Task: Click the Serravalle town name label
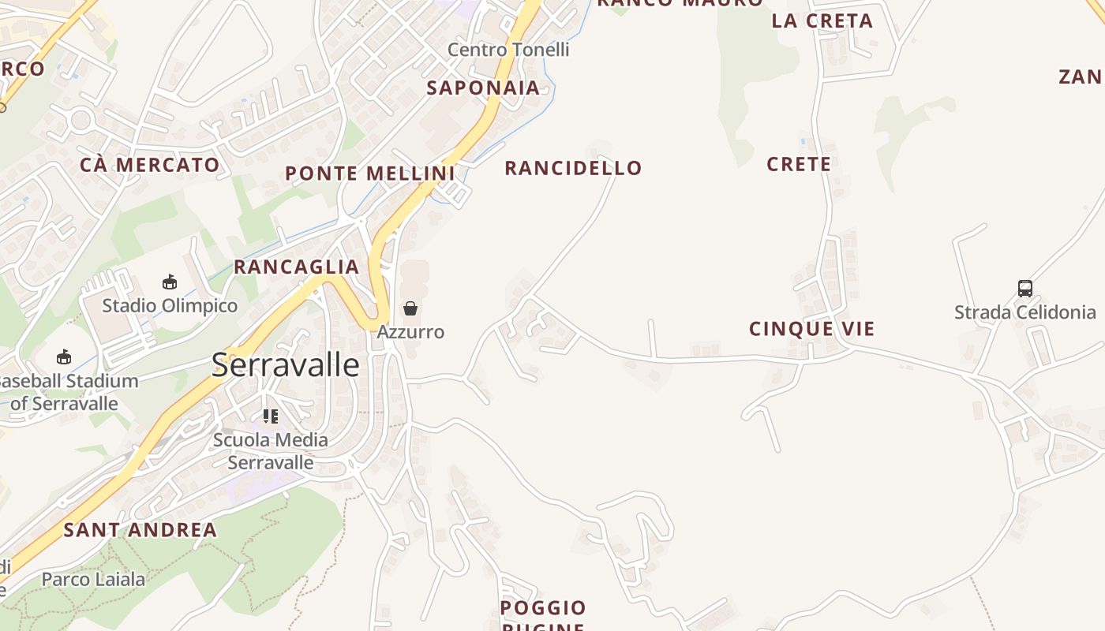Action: point(286,365)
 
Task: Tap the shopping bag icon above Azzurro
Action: point(410,308)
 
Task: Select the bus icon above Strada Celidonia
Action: point(1025,289)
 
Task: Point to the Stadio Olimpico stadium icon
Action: point(170,282)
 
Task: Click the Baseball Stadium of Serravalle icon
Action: point(64,357)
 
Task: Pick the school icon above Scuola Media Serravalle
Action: point(271,416)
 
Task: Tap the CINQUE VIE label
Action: point(812,329)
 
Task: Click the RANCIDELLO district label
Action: point(573,168)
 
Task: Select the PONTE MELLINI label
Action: point(369,174)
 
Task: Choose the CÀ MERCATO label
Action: point(150,165)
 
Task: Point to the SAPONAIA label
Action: point(483,88)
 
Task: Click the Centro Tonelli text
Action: point(508,50)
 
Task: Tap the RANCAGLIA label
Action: point(297,267)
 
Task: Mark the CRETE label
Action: point(799,164)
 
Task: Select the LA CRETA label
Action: point(822,21)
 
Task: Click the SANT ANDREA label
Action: point(140,530)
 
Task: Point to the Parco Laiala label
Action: point(93,580)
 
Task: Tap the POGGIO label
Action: point(543,608)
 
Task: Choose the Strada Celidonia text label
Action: point(1025,312)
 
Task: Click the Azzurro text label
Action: point(410,332)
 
